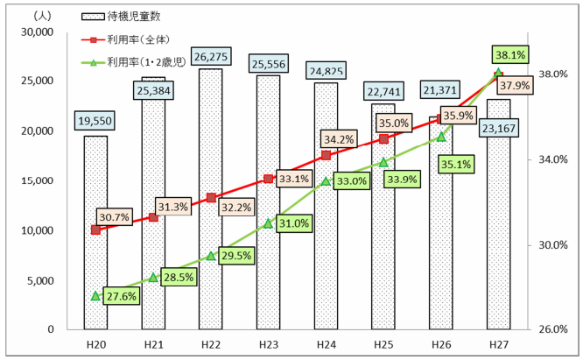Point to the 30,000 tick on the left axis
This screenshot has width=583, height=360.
(x=39, y=32)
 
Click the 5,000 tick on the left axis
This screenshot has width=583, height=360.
(x=42, y=281)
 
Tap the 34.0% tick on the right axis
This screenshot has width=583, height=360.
(x=552, y=159)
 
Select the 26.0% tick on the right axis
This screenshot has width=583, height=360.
(x=552, y=330)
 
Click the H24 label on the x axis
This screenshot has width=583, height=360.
(x=326, y=345)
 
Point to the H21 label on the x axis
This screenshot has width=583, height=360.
(x=153, y=345)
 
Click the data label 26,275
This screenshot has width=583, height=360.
(x=210, y=55)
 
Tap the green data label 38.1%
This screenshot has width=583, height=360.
(x=509, y=55)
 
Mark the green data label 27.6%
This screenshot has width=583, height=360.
(x=120, y=297)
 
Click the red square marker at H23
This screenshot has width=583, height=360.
(x=268, y=179)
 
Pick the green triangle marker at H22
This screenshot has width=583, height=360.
(x=210, y=256)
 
